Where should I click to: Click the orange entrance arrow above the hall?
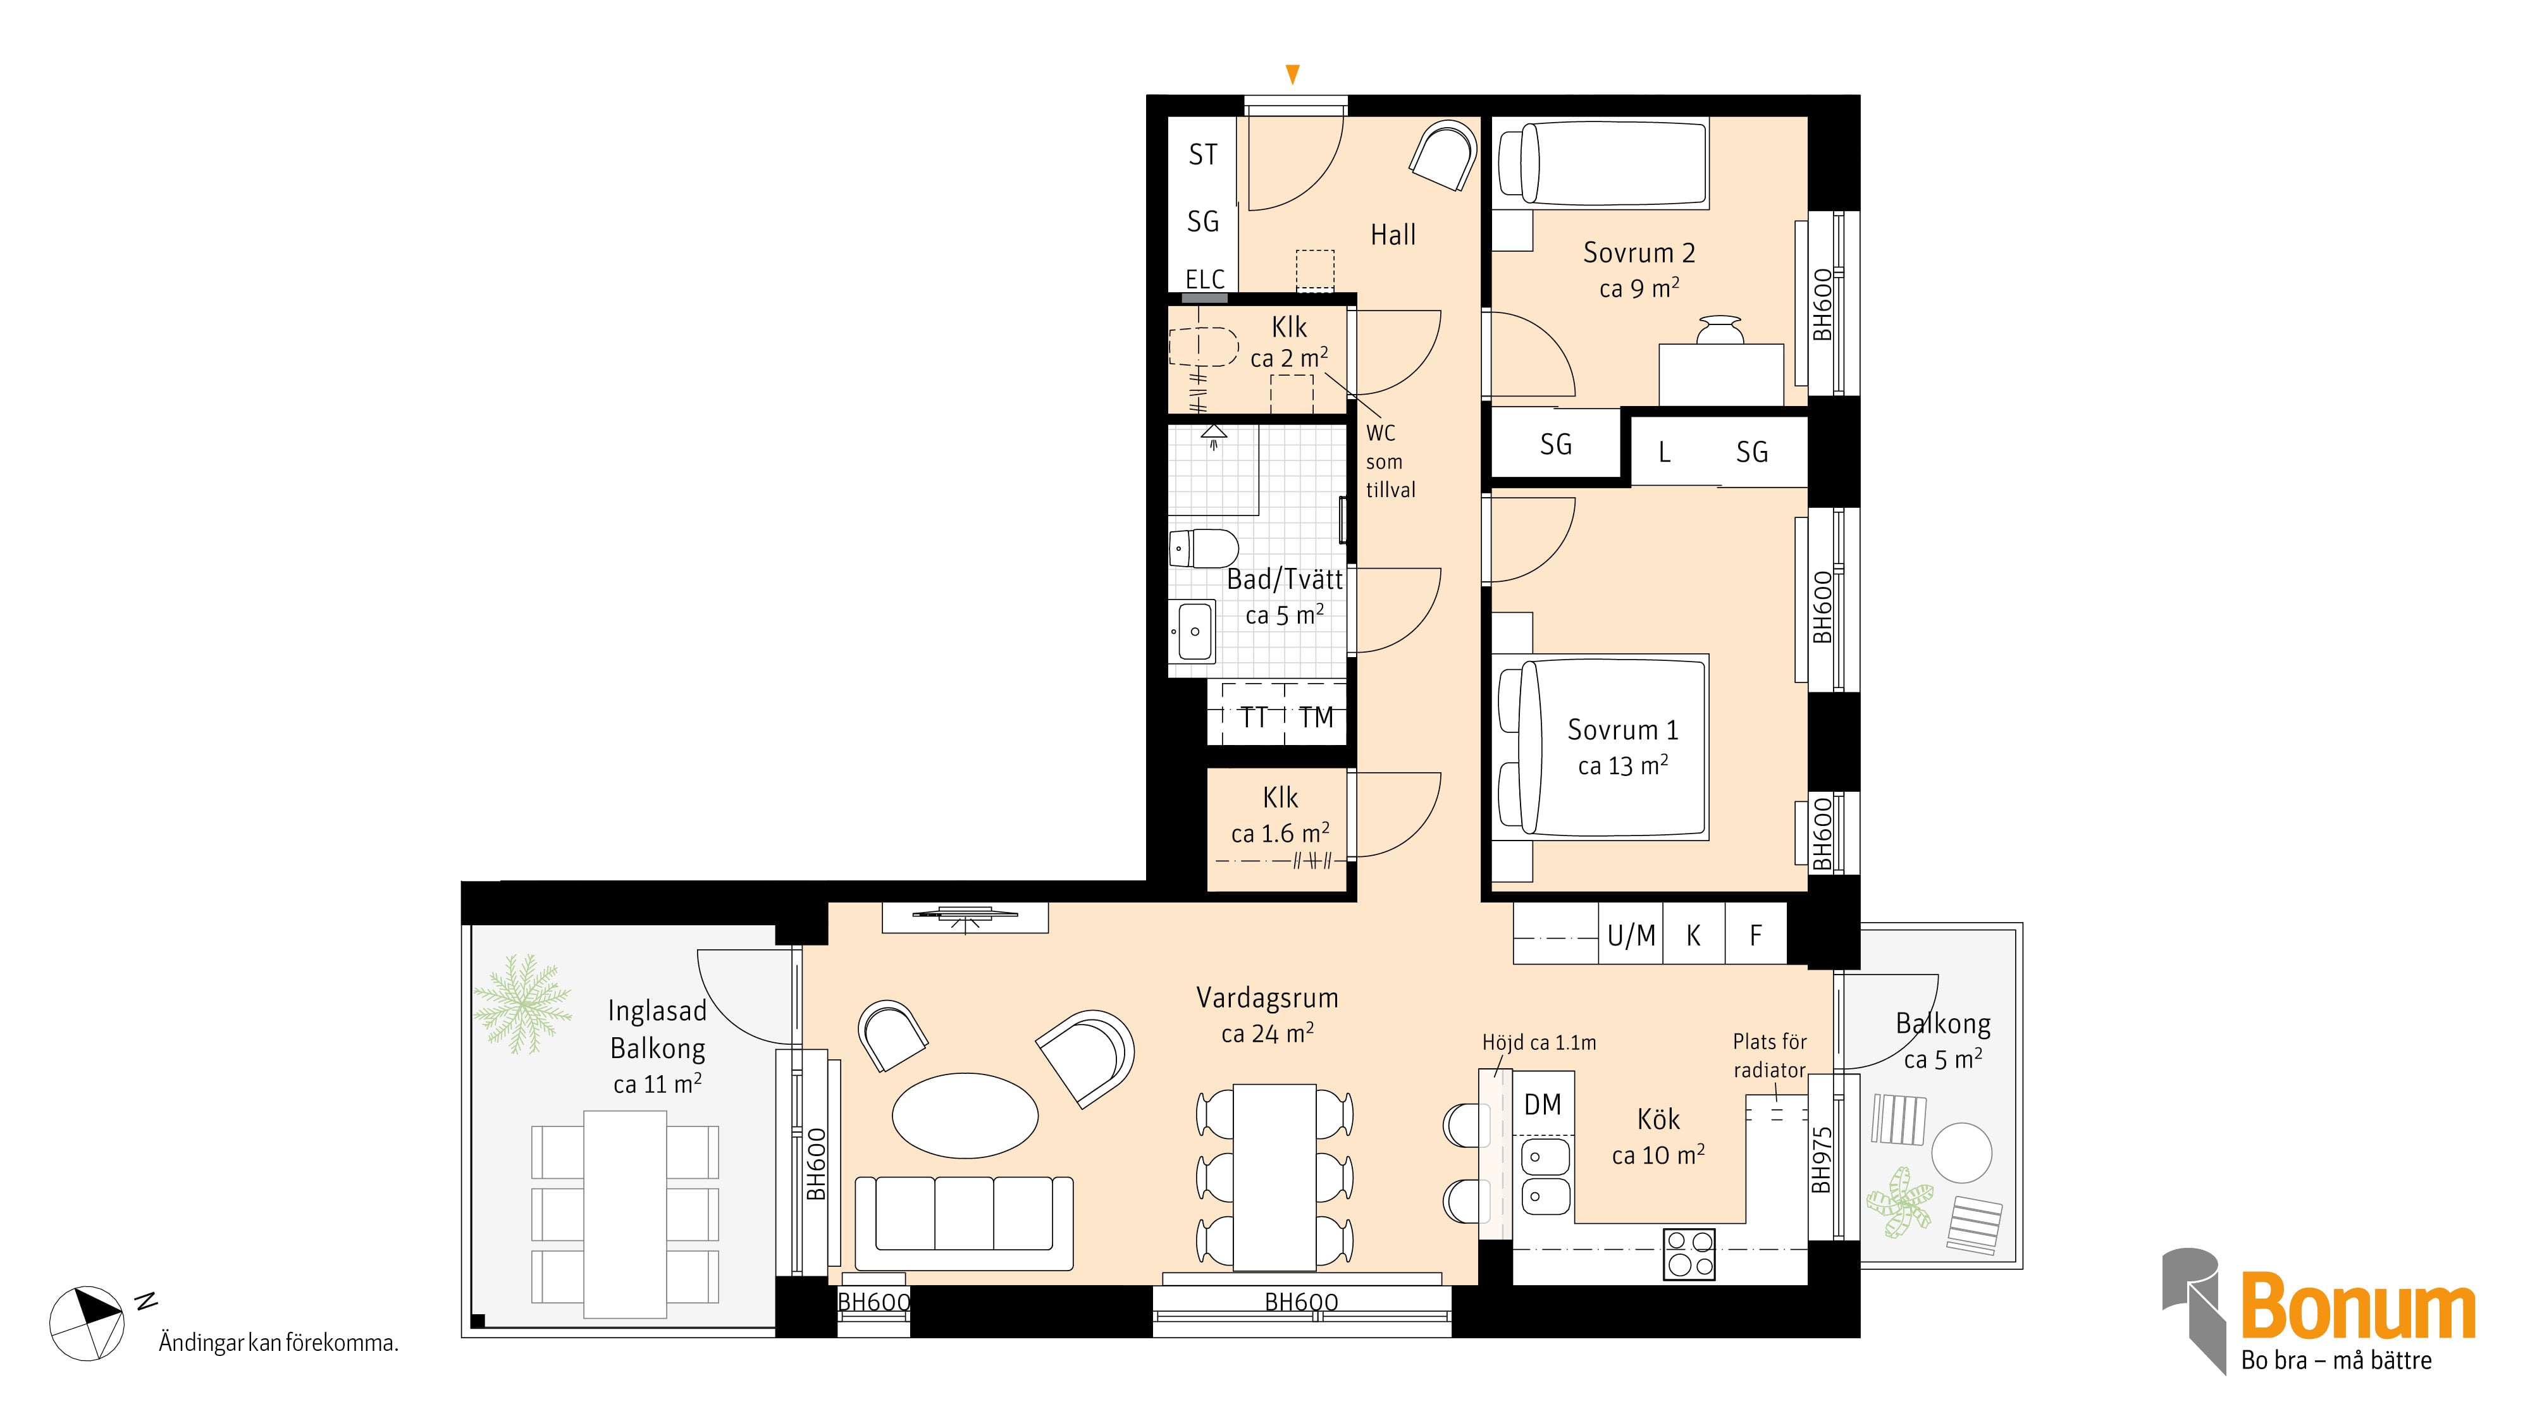pos(1292,73)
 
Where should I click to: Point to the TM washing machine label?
pos(1316,717)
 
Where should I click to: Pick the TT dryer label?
pos(1253,717)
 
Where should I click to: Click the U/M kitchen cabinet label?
pos(1631,936)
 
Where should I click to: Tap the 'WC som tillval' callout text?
pos(1390,462)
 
